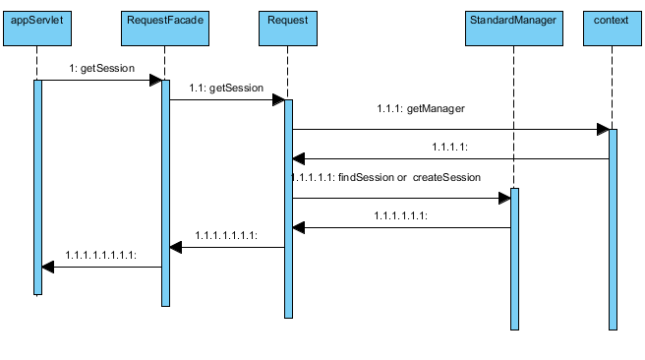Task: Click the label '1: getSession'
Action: point(101,69)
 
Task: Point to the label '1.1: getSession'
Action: point(227,89)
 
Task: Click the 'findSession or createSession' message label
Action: point(385,178)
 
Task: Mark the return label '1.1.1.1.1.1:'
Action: point(400,213)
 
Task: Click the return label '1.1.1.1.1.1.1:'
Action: point(226,235)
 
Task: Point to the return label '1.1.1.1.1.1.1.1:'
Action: point(101,255)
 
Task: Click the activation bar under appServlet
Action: point(38,187)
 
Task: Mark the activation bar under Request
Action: point(288,208)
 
